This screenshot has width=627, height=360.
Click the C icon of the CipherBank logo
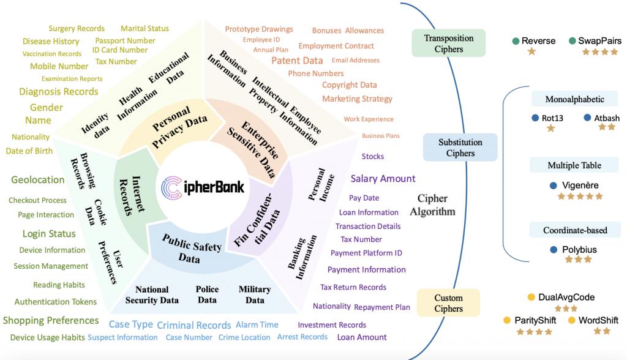pos(171,187)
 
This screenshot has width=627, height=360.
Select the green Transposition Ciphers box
pos(449,43)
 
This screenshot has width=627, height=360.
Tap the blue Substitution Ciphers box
pos(460,147)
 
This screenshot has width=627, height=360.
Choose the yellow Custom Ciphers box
pos(448,303)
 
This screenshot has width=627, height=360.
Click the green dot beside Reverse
pos(516,41)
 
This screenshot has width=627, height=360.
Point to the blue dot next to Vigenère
pos(554,186)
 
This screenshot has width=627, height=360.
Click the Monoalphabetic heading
pos(574,99)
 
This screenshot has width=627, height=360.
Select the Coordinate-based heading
pos(575,230)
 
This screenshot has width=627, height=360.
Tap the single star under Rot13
pos(551,128)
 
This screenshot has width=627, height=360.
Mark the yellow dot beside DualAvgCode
pos(531,297)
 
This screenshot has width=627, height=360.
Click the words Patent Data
pos(297,61)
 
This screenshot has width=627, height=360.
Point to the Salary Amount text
pos(383,178)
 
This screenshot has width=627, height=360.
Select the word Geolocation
pos(37,179)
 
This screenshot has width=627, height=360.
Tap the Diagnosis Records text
pos(59,92)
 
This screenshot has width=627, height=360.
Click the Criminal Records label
pos(194,325)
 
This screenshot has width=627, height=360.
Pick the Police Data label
pos(207,294)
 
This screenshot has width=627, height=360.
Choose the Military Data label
pos(255,294)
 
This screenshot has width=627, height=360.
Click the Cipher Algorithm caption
pos(432,205)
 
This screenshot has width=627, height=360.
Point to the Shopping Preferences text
pos(51,320)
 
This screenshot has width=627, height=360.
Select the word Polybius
pos(579,250)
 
